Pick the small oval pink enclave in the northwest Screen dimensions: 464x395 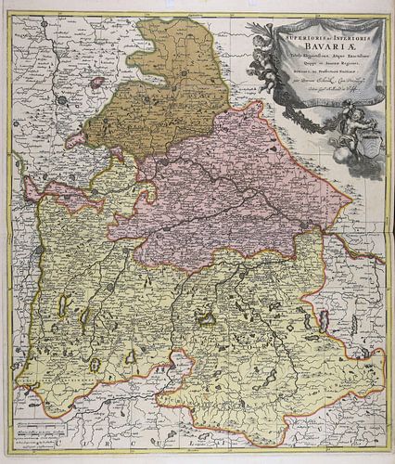(97, 82)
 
